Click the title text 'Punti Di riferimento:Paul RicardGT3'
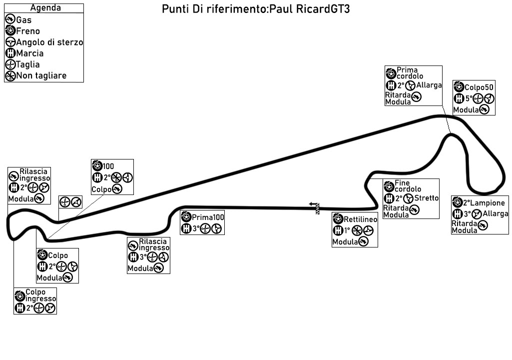point(256,10)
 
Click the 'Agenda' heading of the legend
point(45,7)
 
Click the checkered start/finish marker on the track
point(316,208)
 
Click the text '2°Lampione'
point(484,203)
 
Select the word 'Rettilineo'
point(360,220)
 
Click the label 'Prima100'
point(208,217)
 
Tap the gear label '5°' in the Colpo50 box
point(469,98)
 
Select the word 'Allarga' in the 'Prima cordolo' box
point(429,85)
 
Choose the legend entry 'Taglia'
point(28,64)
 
